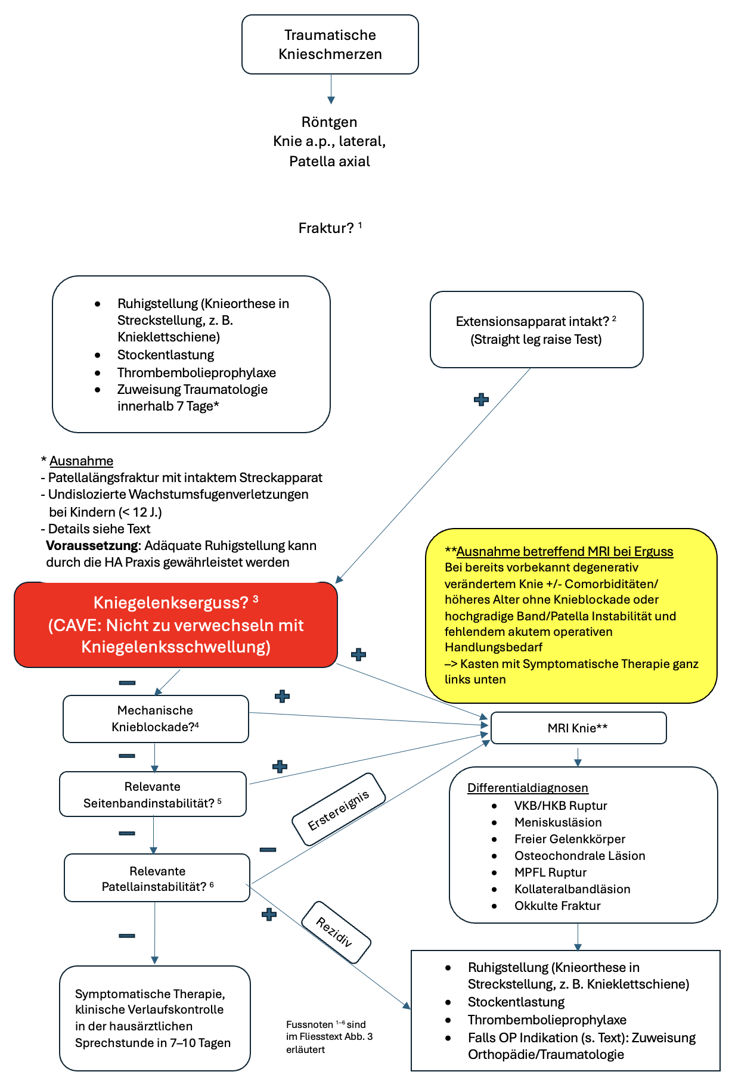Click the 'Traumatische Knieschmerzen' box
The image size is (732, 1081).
pyautogui.click(x=330, y=45)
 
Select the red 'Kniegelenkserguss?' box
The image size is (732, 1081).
pyautogui.click(x=176, y=625)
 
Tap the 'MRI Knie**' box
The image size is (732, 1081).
pyautogui.click(x=578, y=728)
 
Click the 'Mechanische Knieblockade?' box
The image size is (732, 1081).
pyautogui.click(x=156, y=719)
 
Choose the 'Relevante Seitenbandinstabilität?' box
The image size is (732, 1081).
pyautogui.click(x=153, y=794)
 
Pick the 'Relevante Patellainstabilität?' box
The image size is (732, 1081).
pyautogui.click(x=157, y=878)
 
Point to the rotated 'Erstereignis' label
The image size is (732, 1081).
pyautogui.click(x=339, y=810)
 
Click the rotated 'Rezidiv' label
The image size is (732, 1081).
pyautogui.click(x=336, y=932)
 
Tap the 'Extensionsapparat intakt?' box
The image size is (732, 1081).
pyautogui.click(x=536, y=330)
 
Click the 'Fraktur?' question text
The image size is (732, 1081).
pyautogui.click(x=326, y=228)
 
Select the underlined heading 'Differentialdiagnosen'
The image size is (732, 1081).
pyautogui.click(x=528, y=788)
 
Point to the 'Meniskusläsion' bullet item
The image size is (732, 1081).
pyautogui.click(x=558, y=822)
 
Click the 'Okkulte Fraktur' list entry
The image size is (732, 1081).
pyautogui.click(x=557, y=906)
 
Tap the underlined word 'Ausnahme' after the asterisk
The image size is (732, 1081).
pyautogui.click(x=81, y=461)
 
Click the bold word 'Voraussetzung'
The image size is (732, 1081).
pyautogui.click(x=92, y=545)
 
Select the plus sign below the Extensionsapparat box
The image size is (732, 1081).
pyautogui.click(x=481, y=400)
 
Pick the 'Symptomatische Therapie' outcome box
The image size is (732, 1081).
pyautogui.click(x=154, y=1018)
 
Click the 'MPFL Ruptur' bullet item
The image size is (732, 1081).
pyautogui.click(x=550, y=872)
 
